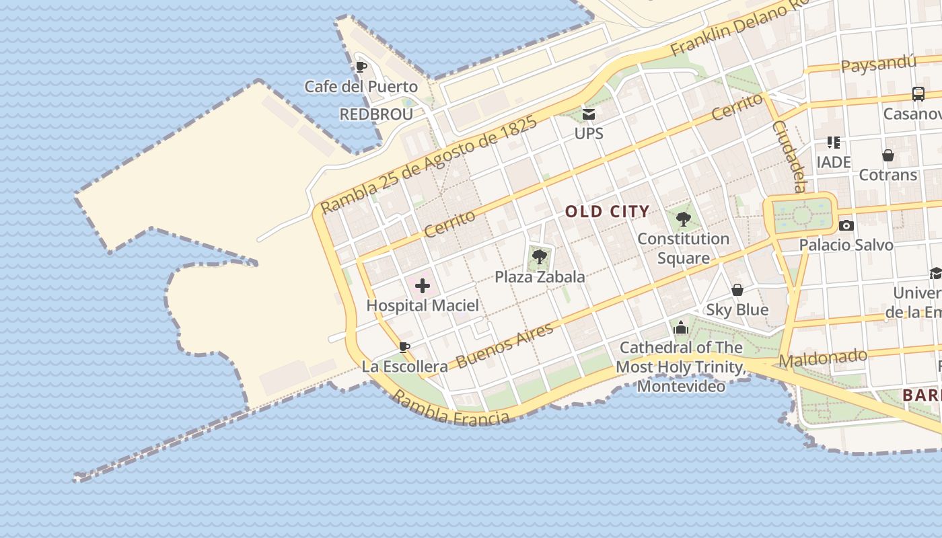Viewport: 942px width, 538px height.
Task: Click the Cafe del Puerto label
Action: point(361,87)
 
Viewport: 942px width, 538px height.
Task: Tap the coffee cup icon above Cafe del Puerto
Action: point(361,67)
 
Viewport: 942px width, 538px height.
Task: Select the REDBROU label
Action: point(376,114)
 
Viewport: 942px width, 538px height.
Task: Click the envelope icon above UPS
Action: point(589,114)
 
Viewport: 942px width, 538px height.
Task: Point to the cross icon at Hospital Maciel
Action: point(423,286)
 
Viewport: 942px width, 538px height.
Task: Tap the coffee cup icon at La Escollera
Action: point(404,347)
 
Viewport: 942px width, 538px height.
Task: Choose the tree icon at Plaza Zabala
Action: point(539,256)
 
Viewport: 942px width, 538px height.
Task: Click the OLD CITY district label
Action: point(607,212)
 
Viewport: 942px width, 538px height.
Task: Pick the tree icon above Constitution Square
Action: point(684,219)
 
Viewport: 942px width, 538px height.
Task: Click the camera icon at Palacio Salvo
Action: point(846,225)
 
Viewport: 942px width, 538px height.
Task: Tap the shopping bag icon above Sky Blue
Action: point(737,290)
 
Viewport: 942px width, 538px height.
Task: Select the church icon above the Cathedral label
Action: point(681,328)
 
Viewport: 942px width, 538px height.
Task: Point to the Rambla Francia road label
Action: point(450,408)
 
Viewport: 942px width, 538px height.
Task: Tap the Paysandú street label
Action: point(879,65)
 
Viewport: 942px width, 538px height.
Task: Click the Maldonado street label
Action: point(823,358)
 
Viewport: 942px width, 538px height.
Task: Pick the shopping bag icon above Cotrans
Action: point(888,155)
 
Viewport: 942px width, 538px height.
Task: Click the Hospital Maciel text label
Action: point(423,306)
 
